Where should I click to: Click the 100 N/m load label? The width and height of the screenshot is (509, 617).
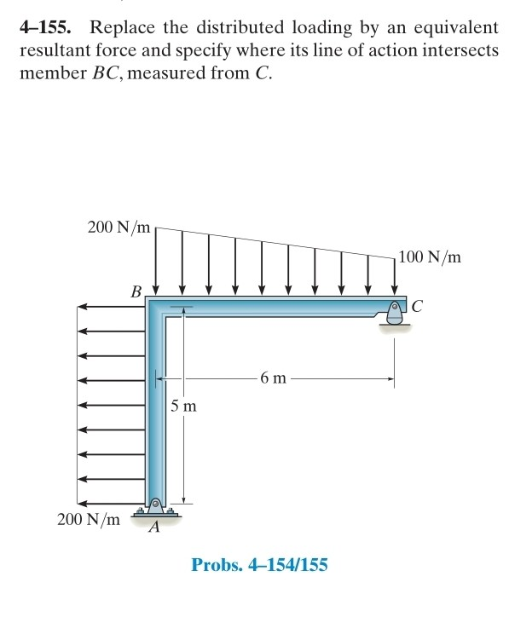429,257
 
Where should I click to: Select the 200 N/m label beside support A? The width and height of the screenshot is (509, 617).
88,519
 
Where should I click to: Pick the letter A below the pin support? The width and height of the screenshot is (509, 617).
154,528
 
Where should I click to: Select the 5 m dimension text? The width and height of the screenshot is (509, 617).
183,406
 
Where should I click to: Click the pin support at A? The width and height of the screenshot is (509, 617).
155,509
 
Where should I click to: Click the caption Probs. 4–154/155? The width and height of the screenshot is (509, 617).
259,564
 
